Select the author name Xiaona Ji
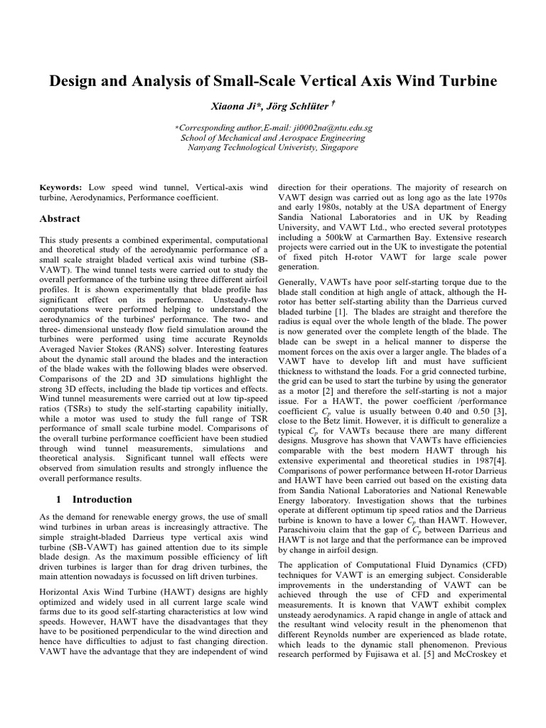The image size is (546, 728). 234,106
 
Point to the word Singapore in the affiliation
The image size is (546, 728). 334,147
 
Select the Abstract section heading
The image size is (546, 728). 60,218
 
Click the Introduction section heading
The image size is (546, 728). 102,499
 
